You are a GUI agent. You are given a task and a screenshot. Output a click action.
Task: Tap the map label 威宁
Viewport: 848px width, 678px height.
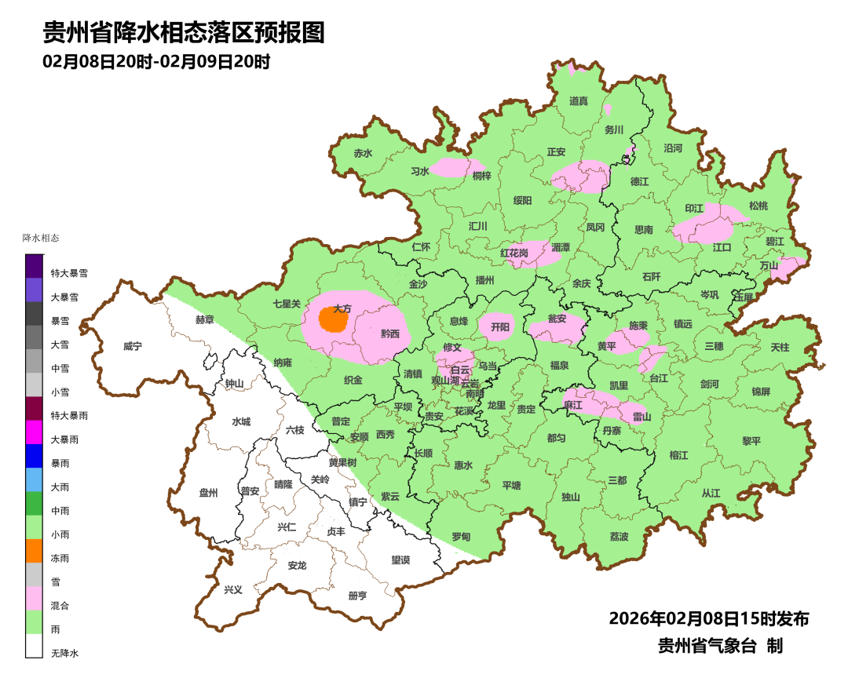133,346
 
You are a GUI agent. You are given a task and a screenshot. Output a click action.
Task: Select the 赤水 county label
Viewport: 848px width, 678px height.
362,154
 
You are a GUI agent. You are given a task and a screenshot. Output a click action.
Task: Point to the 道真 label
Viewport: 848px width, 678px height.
579,101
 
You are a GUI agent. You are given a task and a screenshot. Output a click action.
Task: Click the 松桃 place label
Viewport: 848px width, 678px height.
758,206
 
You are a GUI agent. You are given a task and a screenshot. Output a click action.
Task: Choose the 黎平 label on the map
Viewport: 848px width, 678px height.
751,440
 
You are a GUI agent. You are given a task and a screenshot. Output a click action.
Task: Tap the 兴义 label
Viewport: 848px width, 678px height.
233,589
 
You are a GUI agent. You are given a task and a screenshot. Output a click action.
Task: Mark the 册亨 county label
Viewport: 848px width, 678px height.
357,596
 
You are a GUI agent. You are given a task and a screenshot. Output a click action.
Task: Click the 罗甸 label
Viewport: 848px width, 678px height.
461,537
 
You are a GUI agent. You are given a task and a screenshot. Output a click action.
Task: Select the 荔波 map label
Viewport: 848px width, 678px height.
619,537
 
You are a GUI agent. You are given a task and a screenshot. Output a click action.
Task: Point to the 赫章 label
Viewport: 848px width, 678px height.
204,319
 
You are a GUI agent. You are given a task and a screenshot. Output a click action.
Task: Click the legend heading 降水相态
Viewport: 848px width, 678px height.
41,238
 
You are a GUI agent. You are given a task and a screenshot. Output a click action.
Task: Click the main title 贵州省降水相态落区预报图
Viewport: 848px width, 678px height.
183,33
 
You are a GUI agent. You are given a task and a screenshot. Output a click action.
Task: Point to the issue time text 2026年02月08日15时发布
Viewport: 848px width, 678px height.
708,619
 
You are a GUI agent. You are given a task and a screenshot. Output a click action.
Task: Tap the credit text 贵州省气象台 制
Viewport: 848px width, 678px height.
720,646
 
